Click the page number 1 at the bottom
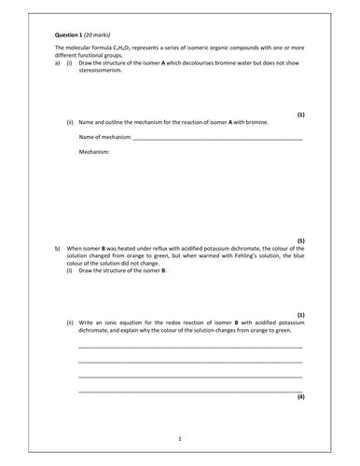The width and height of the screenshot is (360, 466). click(179, 436)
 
